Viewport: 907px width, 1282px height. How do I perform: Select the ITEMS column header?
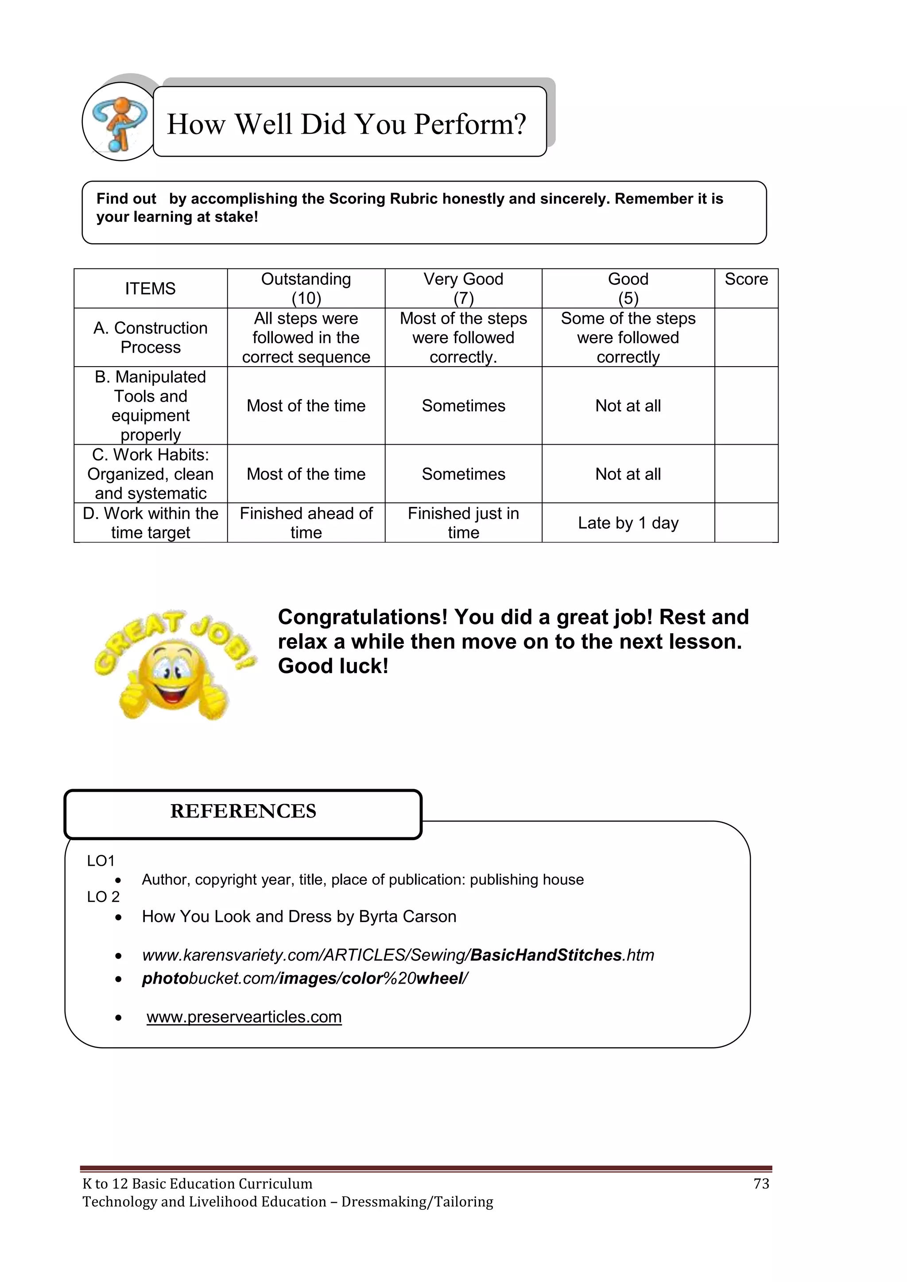point(150,289)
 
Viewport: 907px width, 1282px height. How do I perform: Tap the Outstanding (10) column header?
point(306,288)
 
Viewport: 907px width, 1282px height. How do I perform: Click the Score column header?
point(746,279)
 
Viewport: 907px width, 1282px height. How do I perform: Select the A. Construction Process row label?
point(150,337)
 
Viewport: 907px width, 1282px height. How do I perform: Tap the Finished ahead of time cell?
point(306,523)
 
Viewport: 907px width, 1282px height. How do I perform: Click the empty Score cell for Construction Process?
point(746,337)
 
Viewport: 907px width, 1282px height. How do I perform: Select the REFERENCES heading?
point(243,811)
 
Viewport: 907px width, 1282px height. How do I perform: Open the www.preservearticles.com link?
point(244,1017)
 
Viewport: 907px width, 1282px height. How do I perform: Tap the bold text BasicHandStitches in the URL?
point(546,955)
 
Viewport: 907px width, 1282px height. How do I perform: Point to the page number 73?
point(761,1184)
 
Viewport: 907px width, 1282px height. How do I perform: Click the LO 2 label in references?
point(103,897)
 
